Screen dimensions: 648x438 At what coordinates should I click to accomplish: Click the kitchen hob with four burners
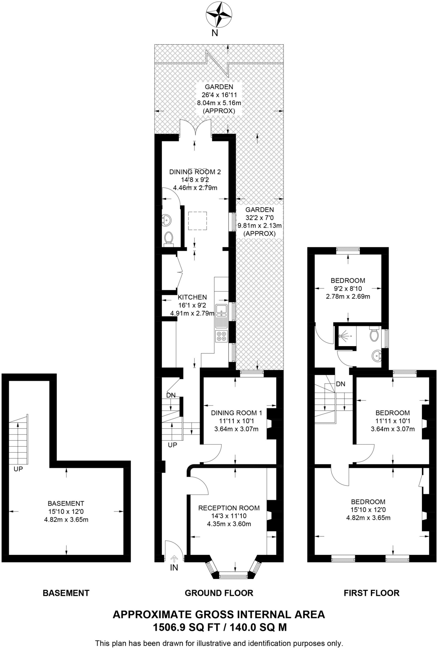pos(221,336)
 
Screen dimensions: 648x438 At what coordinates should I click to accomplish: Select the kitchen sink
pos(221,310)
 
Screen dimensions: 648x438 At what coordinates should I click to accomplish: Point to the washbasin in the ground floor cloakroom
pos(166,219)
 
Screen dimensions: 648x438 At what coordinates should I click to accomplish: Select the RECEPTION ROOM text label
pos(229,508)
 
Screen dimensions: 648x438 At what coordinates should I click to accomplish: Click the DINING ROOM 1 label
pos(236,413)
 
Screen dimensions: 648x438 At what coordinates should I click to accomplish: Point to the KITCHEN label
pos(192,297)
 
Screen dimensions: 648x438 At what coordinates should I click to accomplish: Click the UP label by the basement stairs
pos(18,469)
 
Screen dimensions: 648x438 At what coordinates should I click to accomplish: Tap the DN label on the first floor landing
pos(340,384)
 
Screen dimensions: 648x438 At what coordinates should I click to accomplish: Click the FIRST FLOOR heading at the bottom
pos(371,593)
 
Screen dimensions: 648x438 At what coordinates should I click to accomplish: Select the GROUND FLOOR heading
pos(219,593)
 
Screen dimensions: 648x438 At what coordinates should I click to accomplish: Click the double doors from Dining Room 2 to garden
pos(195,128)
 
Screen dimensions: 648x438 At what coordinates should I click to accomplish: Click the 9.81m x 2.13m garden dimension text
pos(259,226)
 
